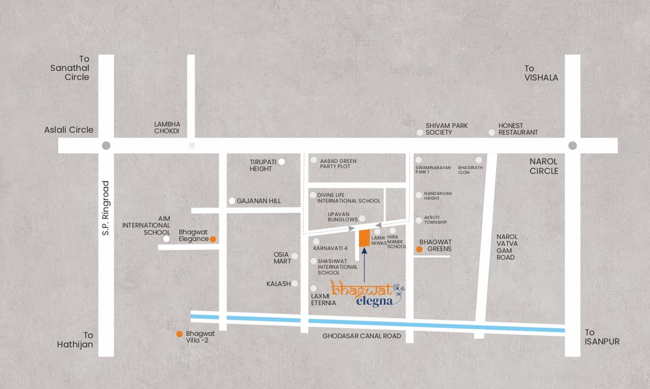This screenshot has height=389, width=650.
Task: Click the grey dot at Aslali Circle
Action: (x=106, y=145)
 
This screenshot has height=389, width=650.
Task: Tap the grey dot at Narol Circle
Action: (x=572, y=145)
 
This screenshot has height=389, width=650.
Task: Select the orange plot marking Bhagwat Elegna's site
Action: (x=364, y=239)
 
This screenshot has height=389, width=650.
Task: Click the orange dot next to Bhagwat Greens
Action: (x=419, y=249)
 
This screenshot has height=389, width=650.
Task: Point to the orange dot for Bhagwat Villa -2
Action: (x=179, y=334)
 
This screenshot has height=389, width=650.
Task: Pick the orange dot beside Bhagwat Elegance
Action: (x=213, y=239)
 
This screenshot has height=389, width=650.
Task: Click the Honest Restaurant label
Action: (x=518, y=129)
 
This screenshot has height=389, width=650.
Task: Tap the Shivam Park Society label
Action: (x=446, y=129)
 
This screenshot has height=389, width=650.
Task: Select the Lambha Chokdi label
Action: (x=167, y=127)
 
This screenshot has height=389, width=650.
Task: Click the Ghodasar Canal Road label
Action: (x=362, y=336)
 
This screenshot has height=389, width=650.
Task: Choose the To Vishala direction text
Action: (x=541, y=73)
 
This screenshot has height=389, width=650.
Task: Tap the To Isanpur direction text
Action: (x=602, y=337)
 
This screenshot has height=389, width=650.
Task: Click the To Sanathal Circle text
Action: (x=70, y=68)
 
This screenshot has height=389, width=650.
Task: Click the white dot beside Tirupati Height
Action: (x=282, y=162)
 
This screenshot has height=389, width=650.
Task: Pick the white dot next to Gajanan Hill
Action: (x=232, y=201)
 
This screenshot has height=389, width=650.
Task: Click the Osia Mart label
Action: (x=283, y=258)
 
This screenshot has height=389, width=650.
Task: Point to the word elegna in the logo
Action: (x=374, y=302)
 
